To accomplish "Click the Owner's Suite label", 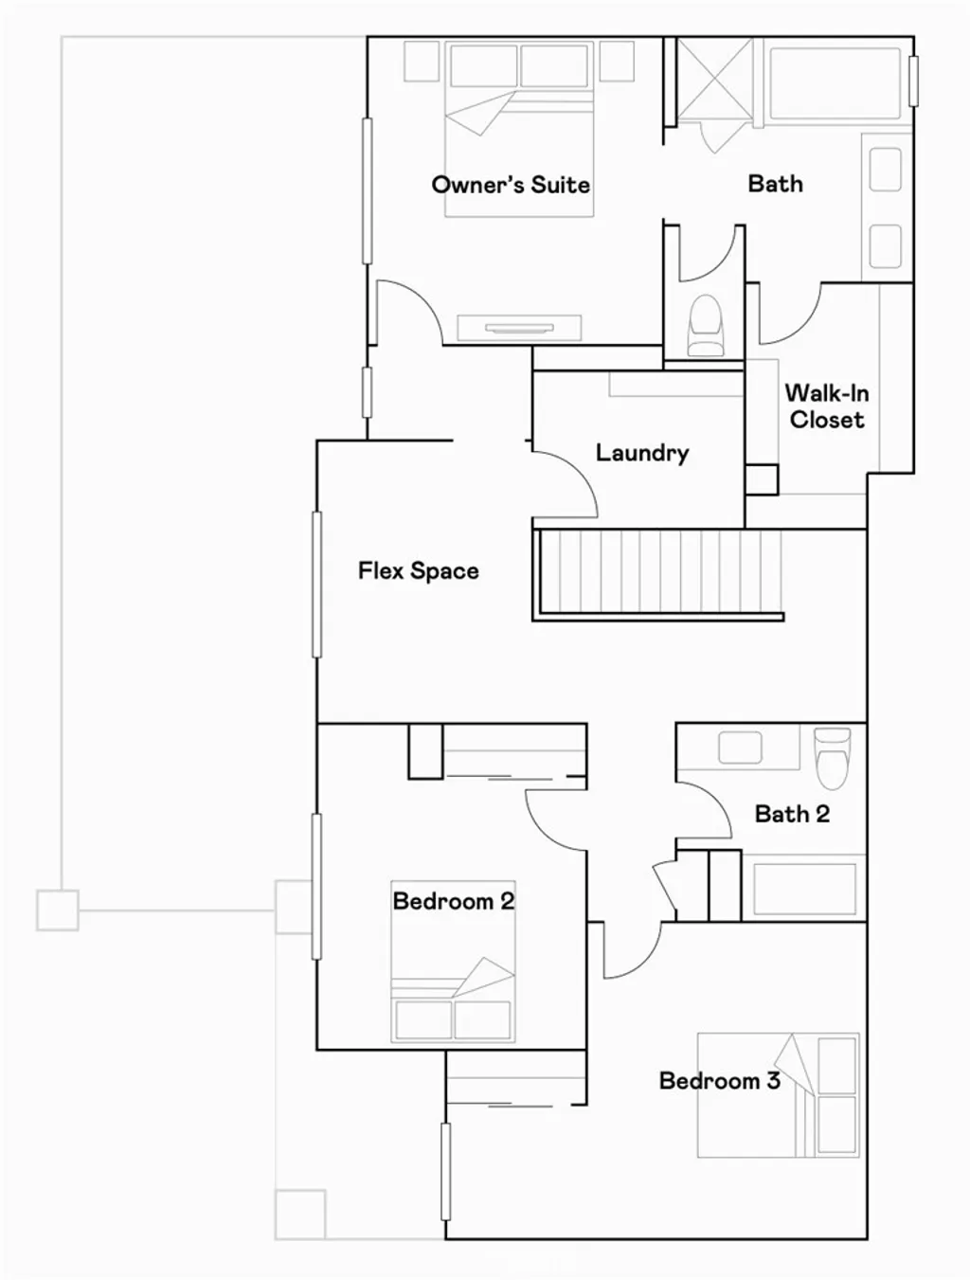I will (511, 185).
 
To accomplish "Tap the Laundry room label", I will (641, 453).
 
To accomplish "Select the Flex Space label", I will (418, 571).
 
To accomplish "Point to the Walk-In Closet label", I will (826, 406).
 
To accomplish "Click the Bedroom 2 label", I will (453, 901).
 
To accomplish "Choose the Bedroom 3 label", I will (719, 1081).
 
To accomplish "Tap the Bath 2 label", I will (792, 814).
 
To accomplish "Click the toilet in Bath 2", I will (833, 755).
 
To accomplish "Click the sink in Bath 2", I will (740, 748).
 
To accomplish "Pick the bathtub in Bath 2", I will (804, 888).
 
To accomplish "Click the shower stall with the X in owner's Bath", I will (714, 81).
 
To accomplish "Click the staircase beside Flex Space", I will (659, 573).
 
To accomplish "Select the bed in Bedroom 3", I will (779, 1094).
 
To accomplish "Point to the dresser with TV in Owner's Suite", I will (518, 328).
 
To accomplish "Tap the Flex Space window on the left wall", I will (317, 584).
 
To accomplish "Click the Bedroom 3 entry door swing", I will (633, 950).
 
